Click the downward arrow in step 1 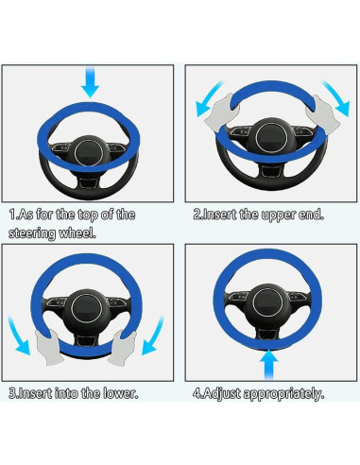pos(90,82)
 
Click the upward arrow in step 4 pos(268,365)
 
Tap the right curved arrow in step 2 pos(336,97)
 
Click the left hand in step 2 pos(221,114)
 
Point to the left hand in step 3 pos(48,347)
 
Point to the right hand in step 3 pos(122,347)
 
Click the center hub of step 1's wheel pos(89,153)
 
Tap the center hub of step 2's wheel pos(271,138)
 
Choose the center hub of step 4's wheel pos(267,301)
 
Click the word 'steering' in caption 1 pos(31,233)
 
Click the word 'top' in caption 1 pos(89,215)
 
